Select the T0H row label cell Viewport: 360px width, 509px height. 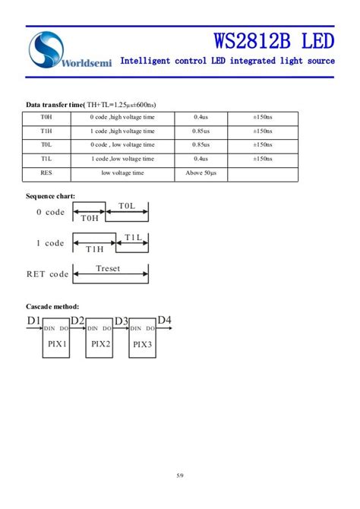pyautogui.click(x=46, y=118)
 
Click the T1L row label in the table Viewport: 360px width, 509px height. pyautogui.click(x=46, y=159)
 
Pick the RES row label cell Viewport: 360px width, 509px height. pyautogui.click(x=46, y=173)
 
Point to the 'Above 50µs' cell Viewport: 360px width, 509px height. pyautogui.click(x=201, y=173)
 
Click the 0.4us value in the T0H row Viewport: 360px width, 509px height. pyautogui.click(x=201, y=118)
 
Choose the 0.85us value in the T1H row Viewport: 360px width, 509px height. pyautogui.click(x=201, y=131)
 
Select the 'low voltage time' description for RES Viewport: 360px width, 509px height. pyautogui.click(x=122, y=173)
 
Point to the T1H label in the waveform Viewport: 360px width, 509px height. pyautogui.click(x=94, y=249)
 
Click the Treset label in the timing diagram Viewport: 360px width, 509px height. pyautogui.click(x=108, y=268)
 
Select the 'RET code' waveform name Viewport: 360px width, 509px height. pyautogui.click(x=47, y=274)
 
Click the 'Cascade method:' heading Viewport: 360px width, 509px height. pyautogui.click(x=53, y=306)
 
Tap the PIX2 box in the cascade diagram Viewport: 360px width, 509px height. pyautogui.click(x=101, y=343)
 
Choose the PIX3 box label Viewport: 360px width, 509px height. pyautogui.click(x=143, y=343)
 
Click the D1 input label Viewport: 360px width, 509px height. pyautogui.click(x=33, y=321)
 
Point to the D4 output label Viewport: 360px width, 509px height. pyautogui.click(x=164, y=320)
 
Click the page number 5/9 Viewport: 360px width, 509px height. pyautogui.click(x=180, y=476)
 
